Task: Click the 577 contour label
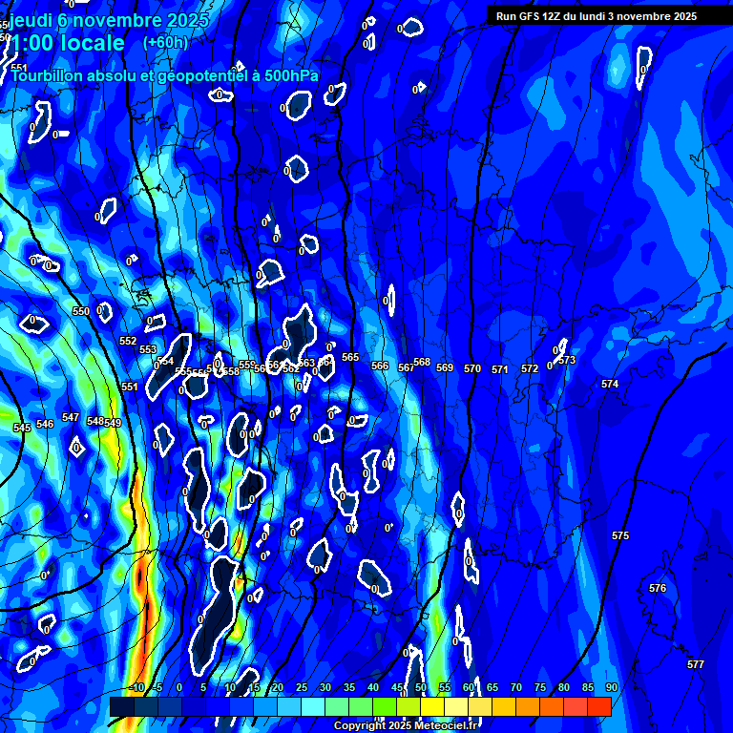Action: tap(695, 664)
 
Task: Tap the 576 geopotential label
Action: tap(657, 588)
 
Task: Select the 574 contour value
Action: tap(610, 384)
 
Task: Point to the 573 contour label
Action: tap(567, 360)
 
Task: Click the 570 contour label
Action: tap(472, 368)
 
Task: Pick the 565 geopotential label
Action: tap(350, 357)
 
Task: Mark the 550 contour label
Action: tap(81, 311)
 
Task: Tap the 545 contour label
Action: tap(22, 428)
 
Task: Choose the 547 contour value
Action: tap(71, 417)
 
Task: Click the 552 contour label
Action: tap(128, 341)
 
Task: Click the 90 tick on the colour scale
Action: tap(611, 687)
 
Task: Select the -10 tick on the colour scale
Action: tap(136, 687)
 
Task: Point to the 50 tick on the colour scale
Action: tap(421, 687)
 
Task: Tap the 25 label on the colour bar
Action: tap(302, 687)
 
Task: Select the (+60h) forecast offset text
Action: tap(165, 42)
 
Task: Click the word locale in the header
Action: tap(89, 43)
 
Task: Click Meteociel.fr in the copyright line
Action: tap(445, 726)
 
